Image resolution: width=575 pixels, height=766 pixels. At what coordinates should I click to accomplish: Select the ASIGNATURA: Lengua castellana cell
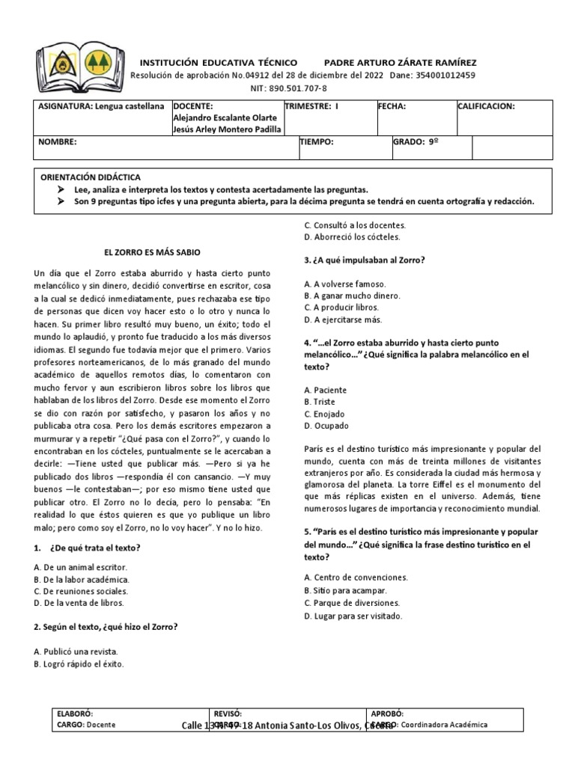(x=102, y=107)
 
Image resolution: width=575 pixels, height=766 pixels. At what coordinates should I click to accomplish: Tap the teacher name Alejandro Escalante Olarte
(x=225, y=117)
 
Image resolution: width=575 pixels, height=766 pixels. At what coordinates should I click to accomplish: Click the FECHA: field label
(x=392, y=107)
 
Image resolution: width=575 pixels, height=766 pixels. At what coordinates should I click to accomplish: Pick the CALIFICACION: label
(x=487, y=107)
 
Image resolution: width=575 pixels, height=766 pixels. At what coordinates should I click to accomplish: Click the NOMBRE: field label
(x=58, y=141)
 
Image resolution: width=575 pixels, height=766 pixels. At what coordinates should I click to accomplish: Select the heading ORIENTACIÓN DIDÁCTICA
(x=91, y=177)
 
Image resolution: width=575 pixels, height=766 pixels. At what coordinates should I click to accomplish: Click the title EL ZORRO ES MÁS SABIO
(x=151, y=252)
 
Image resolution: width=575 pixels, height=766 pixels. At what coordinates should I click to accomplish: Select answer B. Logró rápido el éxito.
(x=79, y=664)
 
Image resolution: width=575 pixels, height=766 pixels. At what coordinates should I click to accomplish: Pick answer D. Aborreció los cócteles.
(x=352, y=237)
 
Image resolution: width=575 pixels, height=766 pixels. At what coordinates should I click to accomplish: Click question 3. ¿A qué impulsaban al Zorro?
(x=365, y=260)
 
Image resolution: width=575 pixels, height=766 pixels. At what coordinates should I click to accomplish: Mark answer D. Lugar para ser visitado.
(x=353, y=616)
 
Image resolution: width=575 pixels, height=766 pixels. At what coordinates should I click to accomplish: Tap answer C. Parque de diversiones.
(x=352, y=603)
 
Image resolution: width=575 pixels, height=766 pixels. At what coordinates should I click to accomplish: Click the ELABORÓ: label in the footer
(x=75, y=714)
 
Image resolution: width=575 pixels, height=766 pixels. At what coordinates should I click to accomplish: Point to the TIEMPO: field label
(x=317, y=141)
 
